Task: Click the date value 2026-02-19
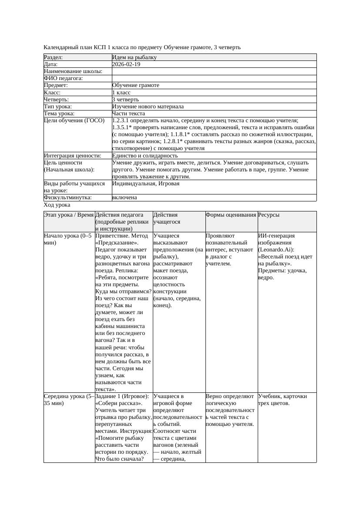click(126, 64)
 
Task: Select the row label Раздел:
click(54, 57)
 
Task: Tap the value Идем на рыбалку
click(135, 57)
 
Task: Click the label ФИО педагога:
click(64, 78)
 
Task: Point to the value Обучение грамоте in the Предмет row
click(136, 85)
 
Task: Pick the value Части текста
click(128, 113)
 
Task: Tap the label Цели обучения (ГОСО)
click(74, 121)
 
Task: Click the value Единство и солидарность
click(145, 155)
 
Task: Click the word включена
click(124, 198)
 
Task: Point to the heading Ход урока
click(57, 205)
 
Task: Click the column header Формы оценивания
click(231, 215)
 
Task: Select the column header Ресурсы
click(269, 215)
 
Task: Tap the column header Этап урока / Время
click(69, 215)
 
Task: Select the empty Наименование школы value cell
click(214, 71)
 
